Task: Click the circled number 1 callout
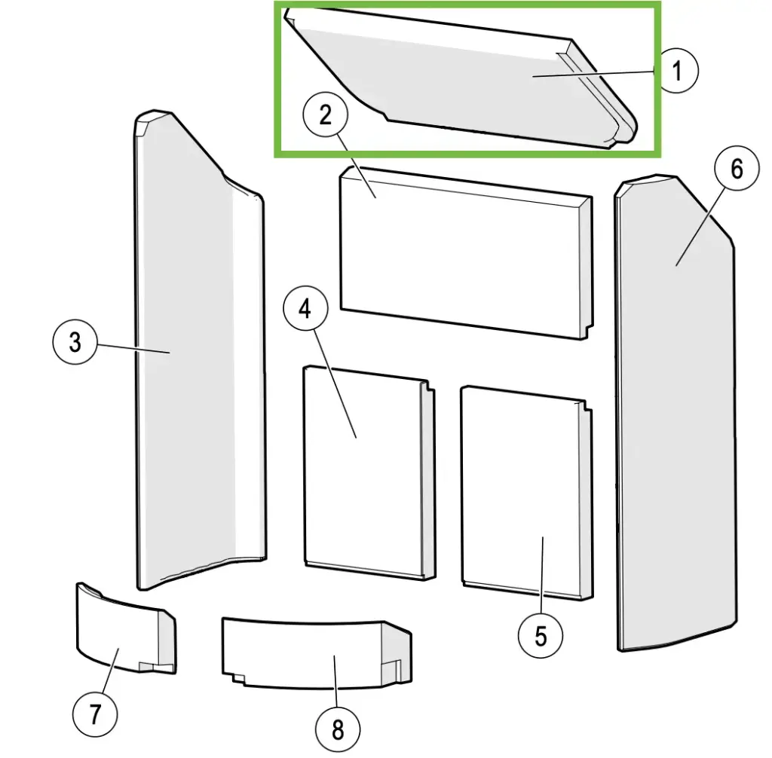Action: click(x=677, y=70)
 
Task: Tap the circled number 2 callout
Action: click(x=326, y=115)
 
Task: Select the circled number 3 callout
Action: click(x=75, y=342)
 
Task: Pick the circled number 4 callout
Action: click(x=305, y=309)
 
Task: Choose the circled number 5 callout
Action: click(x=541, y=636)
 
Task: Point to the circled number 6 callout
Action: click(x=737, y=169)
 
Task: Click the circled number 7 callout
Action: click(x=95, y=714)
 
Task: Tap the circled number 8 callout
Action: click(x=338, y=729)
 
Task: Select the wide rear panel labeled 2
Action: click(x=466, y=252)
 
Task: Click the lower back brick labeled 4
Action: click(x=369, y=472)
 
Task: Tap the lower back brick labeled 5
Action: click(x=527, y=492)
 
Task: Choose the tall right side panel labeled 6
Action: click(x=675, y=414)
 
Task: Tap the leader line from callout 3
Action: click(x=133, y=347)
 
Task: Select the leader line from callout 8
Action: click(x=335, y=681)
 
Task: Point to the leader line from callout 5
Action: click(x=542, y=576)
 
